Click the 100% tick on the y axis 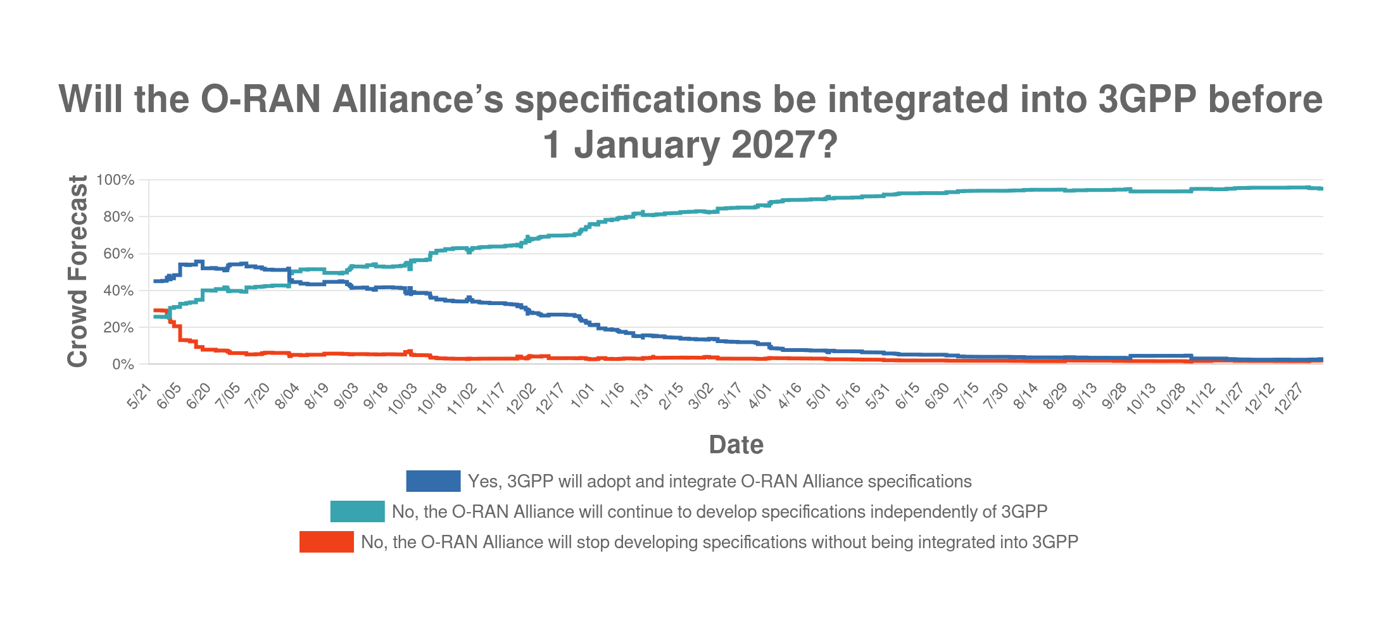click(115, 180)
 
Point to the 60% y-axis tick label click(118, 254)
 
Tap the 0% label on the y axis click(123, 365)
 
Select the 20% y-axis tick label click(118, 328)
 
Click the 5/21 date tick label click(139, 396)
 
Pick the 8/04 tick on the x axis click(287, 397)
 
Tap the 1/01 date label click(583, 396)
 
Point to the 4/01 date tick click(760, 396)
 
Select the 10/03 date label click(402, 399)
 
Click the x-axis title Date click(736, 445)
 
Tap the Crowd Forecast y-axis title click(77, 271)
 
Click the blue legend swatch click(433, 481)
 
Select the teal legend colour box click(357, 511)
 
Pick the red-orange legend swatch click(326, 542)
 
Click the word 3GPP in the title click(1147, 100)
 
